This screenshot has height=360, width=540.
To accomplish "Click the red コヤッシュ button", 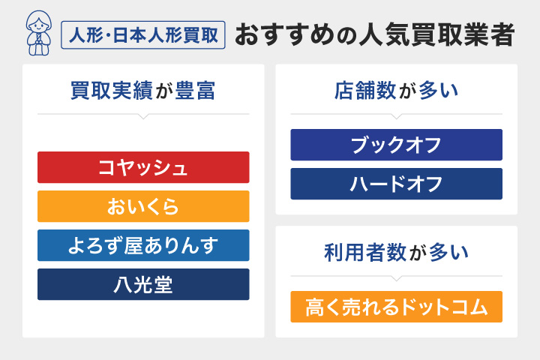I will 143,167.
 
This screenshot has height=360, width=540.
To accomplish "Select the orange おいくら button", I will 143,206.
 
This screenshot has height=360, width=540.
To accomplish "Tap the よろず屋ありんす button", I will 143,245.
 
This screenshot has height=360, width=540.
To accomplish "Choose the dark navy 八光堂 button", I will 143,284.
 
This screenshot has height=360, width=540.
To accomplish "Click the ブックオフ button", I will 396,145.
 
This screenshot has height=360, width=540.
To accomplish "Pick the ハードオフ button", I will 396,184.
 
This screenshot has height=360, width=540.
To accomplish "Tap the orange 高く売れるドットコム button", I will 396,307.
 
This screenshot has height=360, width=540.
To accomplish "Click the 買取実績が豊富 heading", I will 143,91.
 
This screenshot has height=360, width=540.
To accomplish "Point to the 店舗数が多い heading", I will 396,91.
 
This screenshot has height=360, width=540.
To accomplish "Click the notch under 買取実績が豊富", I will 143,117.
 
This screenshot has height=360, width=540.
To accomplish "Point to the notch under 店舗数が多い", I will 396,117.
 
